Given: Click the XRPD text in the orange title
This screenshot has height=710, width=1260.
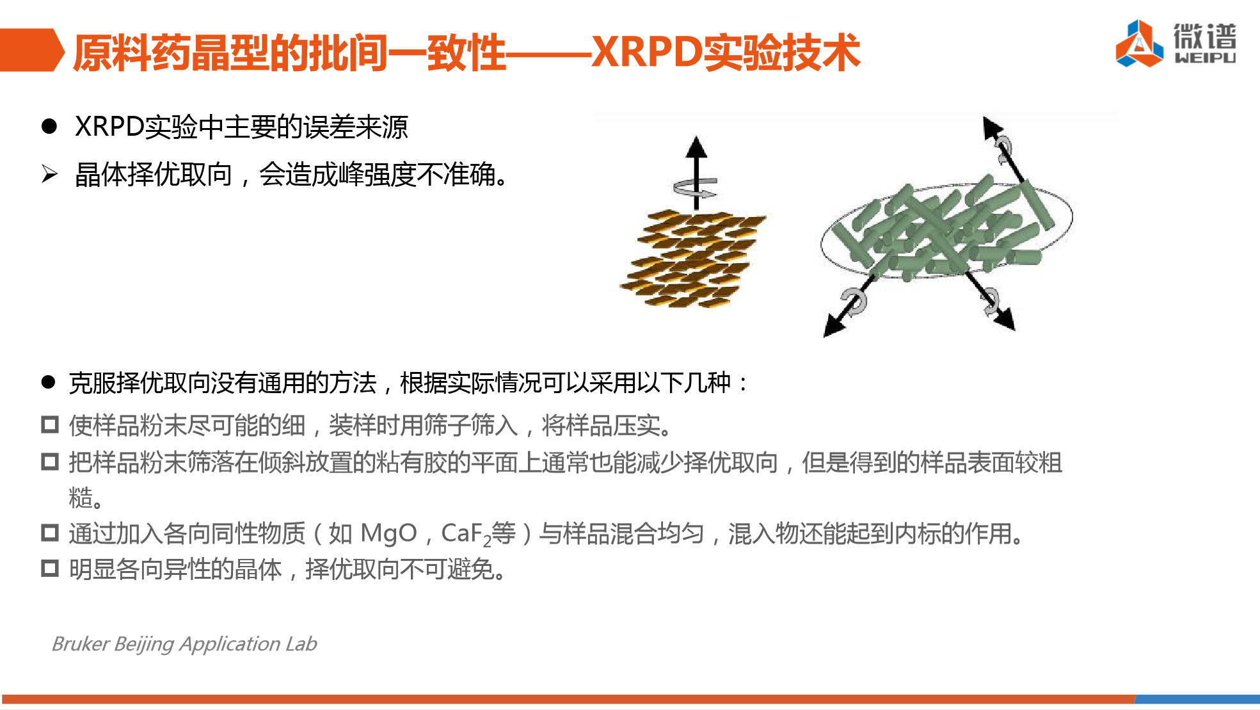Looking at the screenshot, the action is coord(646,52).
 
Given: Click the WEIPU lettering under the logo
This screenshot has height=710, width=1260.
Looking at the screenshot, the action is coord(1205,58).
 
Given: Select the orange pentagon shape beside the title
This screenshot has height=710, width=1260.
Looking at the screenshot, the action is coord(32,49).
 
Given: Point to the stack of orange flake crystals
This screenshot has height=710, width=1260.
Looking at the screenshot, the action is coord(693,258).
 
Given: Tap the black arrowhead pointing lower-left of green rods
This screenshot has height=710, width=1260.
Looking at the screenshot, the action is coord(833,326).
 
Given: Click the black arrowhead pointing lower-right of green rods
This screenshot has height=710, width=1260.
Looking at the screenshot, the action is coord(1005,319).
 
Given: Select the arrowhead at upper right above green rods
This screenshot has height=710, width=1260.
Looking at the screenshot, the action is coord(992,127).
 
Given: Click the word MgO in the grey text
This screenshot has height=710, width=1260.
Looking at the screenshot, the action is coord(388,533).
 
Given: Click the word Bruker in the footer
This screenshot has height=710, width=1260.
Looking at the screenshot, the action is coord(81,643).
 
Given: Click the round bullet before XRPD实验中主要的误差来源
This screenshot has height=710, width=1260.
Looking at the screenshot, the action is coord(49,125).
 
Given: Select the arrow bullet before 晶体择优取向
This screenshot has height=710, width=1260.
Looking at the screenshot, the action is coord(49,173).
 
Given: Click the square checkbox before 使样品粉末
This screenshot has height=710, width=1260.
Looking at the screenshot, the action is coord(50,424).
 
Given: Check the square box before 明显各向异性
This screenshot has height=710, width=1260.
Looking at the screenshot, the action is coord(50,569).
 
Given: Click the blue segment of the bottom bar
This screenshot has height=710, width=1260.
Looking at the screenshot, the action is coord(1197,699).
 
